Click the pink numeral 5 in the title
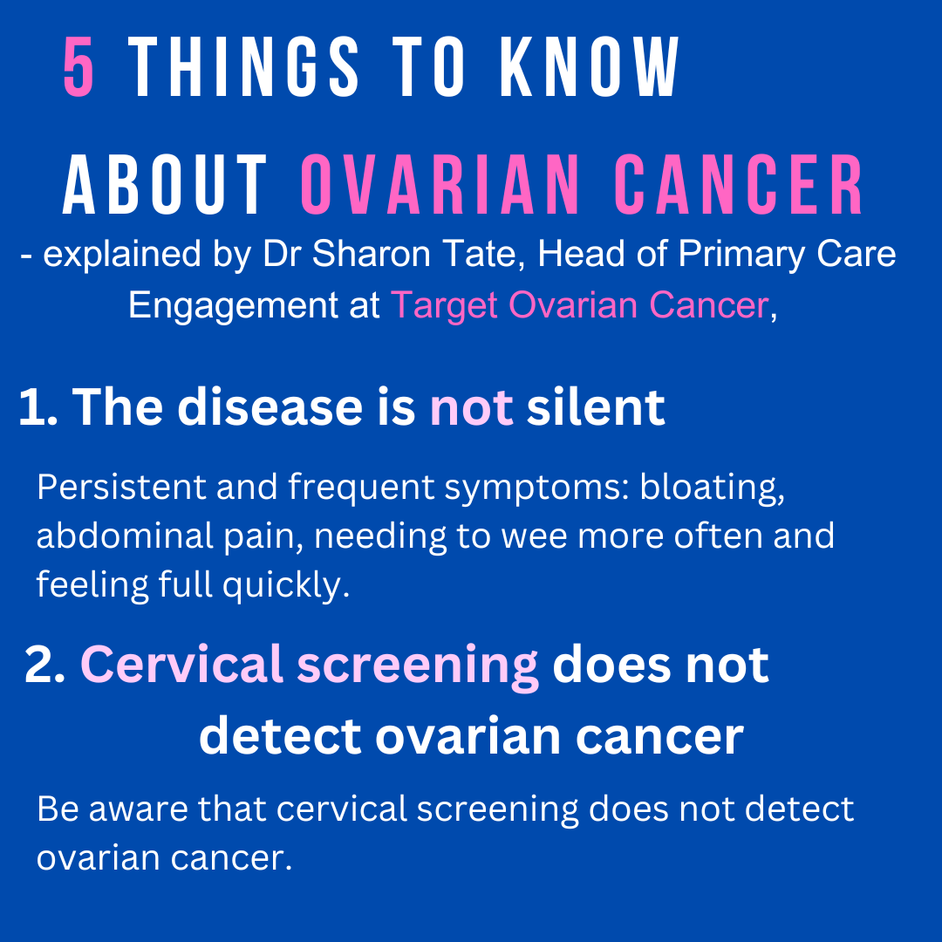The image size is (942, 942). (x=78, y=66)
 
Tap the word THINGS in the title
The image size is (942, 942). (x=243, y=66)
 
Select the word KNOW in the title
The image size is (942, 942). (x=590, y=66)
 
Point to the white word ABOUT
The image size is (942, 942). (x=165, y=184)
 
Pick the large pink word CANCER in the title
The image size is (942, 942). (x=739, y=184)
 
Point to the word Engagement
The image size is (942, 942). (x=233, y=306)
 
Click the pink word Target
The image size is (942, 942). (x=444, y=306)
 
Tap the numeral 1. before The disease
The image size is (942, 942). (x=38, y=407)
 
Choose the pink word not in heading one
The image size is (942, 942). (x=472, y=408)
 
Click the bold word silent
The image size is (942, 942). (x=596, y=406)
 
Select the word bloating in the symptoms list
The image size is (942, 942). (x=712, y=488)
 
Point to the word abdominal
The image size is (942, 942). (x=125, y=536)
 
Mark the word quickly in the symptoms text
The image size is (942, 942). (x=287, y=585)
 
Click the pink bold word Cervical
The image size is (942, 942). (x=181, y=665)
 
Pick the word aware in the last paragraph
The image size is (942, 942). (x=143, y=810)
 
